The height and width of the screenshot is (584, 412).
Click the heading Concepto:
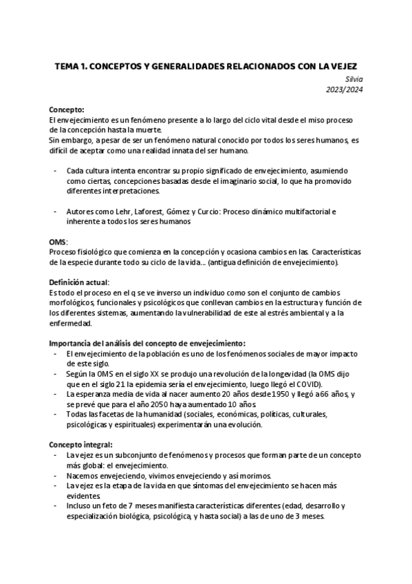tap(66, 109)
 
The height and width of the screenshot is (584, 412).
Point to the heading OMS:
tap(58, 243)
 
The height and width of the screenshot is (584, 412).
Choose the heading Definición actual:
tap(79, 283)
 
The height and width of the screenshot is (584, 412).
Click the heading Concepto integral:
tap(81, 445)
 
